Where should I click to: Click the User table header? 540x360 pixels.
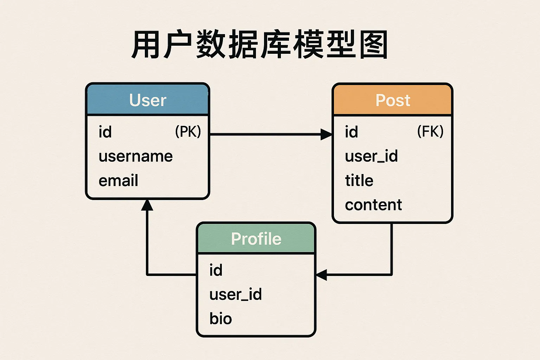(148, 99)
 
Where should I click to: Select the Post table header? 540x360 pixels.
(392, 99)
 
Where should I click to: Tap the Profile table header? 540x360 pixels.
(256, 238)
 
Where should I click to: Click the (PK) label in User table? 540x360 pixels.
(188, 131)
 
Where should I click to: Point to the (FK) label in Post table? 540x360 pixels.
(430, 131)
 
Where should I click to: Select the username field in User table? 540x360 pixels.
(136, 156)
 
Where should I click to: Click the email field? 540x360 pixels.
(118, 180)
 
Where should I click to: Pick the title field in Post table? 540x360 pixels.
(359, 180)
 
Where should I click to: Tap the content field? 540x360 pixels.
(373, 205)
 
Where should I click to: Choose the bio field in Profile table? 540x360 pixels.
(220, 319)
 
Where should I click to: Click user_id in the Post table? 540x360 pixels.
(372, 156)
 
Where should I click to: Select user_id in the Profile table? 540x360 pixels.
(236, 294)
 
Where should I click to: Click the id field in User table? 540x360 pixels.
(105, 132)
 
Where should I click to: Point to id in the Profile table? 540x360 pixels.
(216, 270)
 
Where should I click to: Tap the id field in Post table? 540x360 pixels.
(352, 132)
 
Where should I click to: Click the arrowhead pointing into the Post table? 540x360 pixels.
(326, 134)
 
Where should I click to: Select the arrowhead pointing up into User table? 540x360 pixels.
(147, 205)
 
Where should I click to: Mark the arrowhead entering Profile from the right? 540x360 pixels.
(321, 275)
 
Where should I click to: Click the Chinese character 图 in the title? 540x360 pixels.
(374, 44)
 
